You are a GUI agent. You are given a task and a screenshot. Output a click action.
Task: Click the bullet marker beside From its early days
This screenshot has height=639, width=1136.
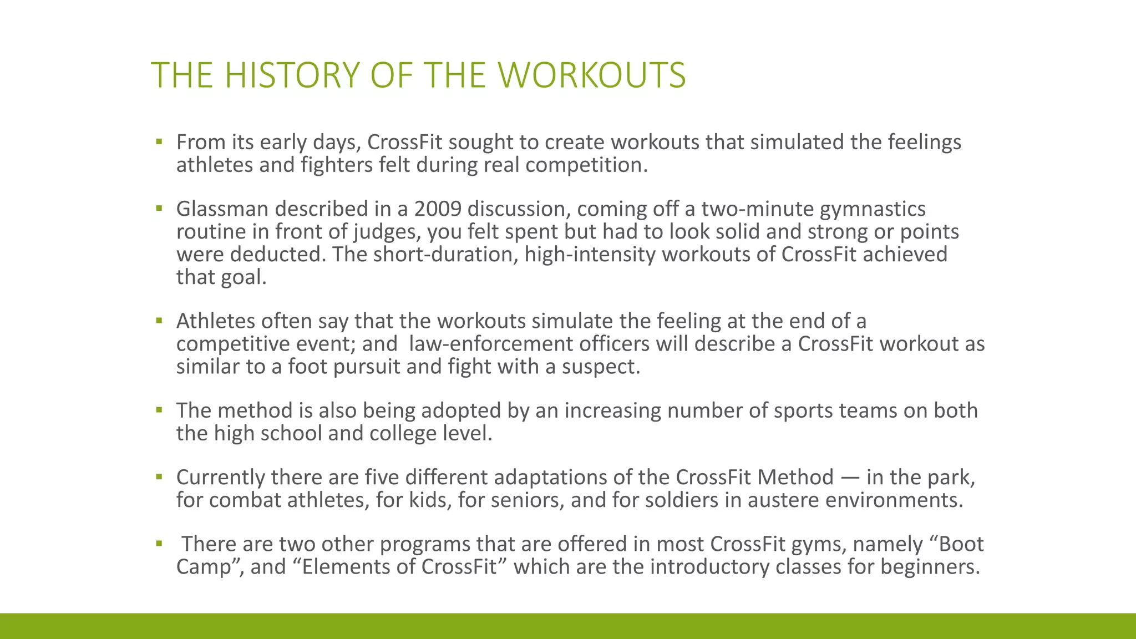(x=159, y=142)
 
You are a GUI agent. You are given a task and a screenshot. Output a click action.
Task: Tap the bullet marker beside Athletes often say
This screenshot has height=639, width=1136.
(x=159, y=321)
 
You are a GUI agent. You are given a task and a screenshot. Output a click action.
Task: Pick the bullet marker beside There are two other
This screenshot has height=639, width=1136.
(x=159, y=544)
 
